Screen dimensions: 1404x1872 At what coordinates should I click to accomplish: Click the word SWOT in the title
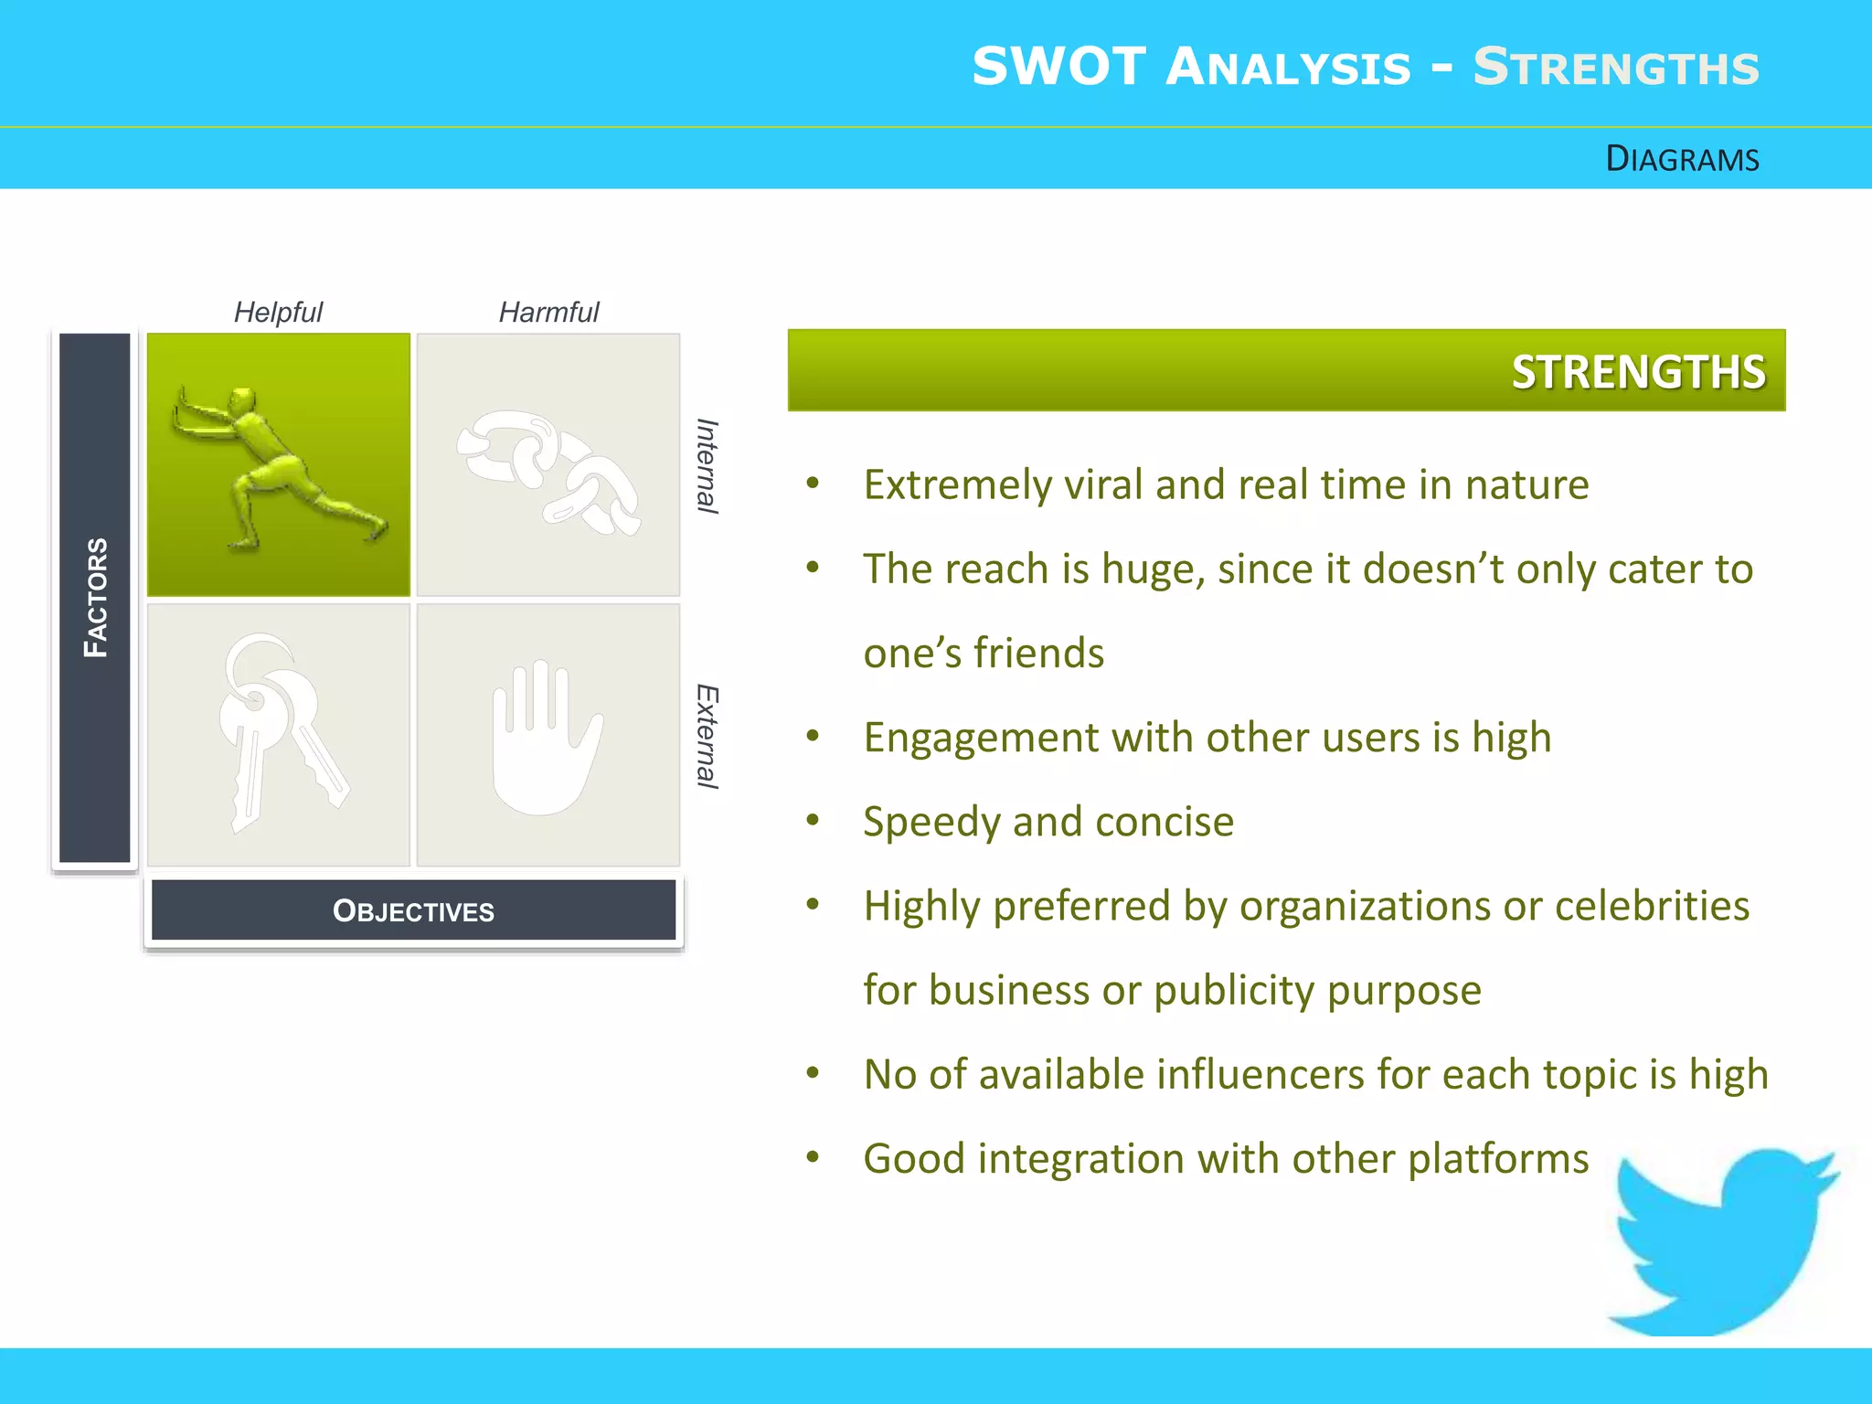click(x=1058, y=68)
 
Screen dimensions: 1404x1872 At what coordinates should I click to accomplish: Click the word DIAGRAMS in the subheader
click(x=1682, y=159)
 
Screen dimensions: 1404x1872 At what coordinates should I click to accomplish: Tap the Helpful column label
click(x=278, y=313)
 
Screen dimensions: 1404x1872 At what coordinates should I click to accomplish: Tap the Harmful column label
click(x=548, y=313)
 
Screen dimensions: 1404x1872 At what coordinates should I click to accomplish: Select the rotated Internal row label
click(x=707, y=466)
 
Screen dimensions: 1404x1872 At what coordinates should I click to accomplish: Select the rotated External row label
click(x=707, y=736)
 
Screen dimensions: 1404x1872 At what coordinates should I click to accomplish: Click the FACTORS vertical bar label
click(x=95, y=598)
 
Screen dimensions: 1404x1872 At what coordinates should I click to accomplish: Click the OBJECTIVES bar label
click(x=413, y=911)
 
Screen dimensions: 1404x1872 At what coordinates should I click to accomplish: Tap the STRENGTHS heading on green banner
click(x=1637, y=372)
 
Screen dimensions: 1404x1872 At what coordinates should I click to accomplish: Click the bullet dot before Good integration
click(x=813, y=1157)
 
